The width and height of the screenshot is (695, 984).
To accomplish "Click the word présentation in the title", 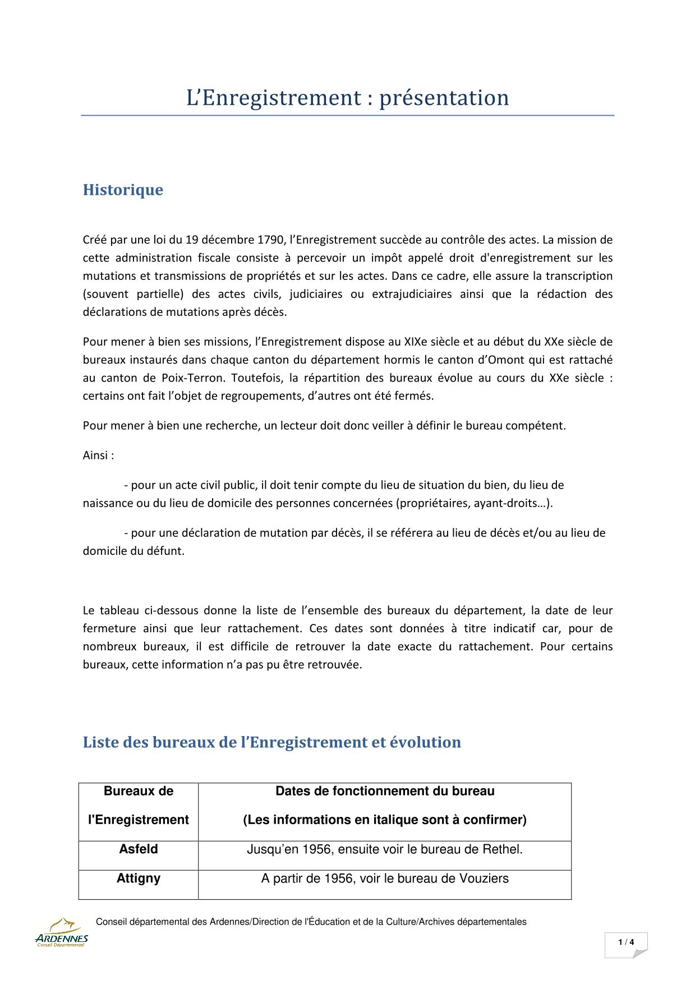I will [x=444, y=98].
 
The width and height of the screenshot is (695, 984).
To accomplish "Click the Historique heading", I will [x=123, y=190].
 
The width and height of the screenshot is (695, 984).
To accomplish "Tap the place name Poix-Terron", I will [x=192, y=378].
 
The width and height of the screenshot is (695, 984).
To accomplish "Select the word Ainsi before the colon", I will [x=95, y=456].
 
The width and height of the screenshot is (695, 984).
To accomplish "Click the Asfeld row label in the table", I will [x=138, y=849].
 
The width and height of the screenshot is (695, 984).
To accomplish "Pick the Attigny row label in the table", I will [x=138, y=879].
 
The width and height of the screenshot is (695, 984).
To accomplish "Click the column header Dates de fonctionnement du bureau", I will [x=385, y=792].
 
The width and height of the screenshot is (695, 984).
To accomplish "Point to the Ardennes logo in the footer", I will [x=61, y=933].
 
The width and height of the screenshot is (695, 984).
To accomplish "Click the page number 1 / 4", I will [x=626, y=942].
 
